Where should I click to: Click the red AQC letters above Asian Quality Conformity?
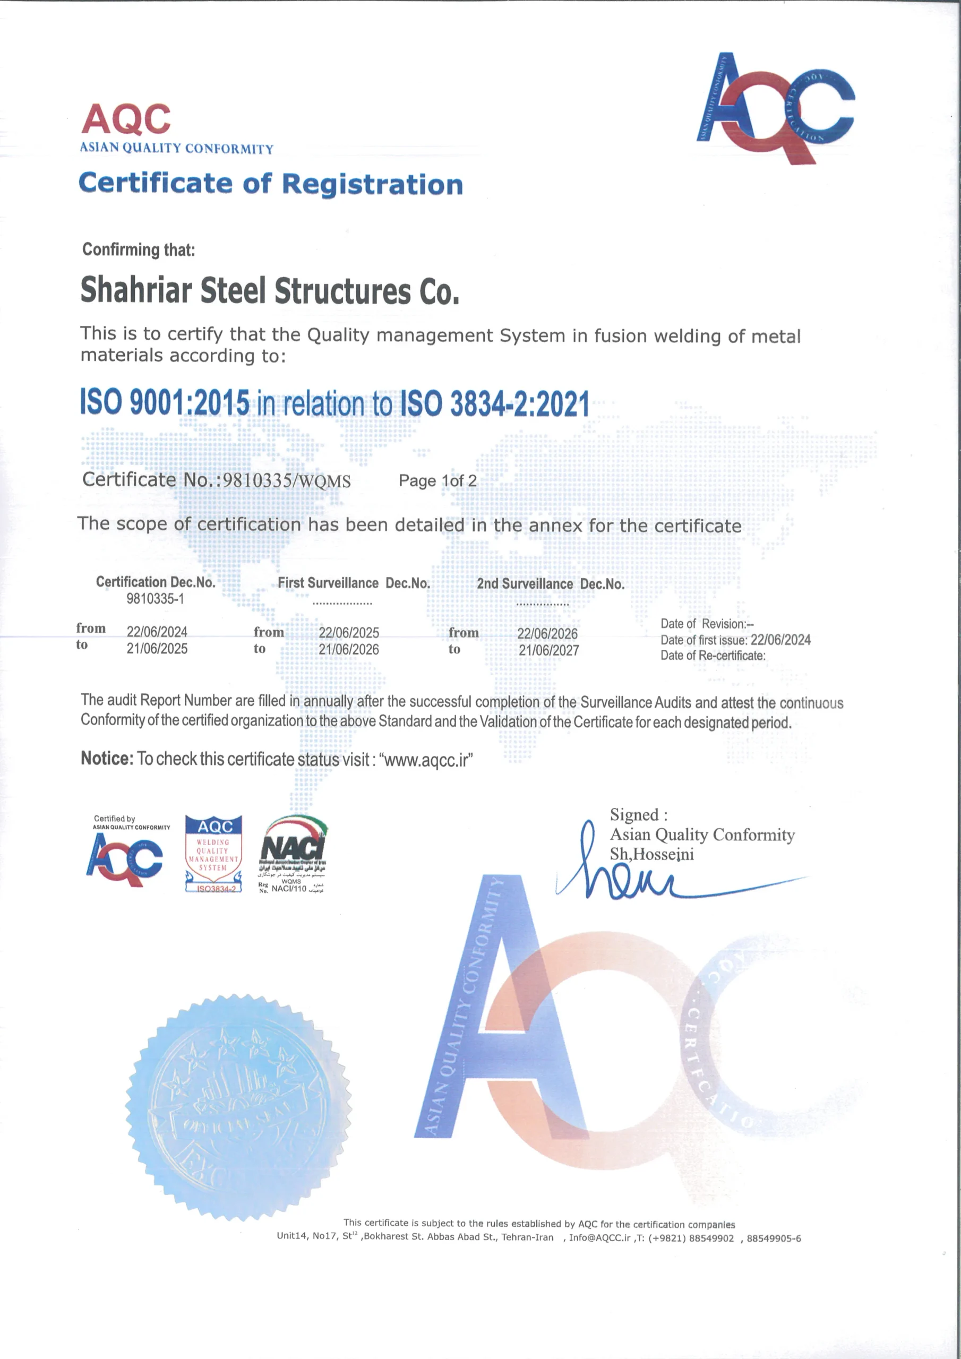point(126,119)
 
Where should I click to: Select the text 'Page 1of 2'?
point(437,480)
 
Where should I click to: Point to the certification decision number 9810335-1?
point(155,599)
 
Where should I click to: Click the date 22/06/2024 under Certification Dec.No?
point(157,632)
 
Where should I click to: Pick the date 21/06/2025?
point(157,649)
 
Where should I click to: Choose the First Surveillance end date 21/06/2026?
point(349,649)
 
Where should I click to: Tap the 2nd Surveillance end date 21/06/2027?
point(549,650)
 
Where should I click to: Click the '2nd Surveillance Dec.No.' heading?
point(551,583)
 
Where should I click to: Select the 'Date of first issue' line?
point(735,640)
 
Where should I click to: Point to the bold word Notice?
point(107,758)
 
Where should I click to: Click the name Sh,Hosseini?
point(651,854)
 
